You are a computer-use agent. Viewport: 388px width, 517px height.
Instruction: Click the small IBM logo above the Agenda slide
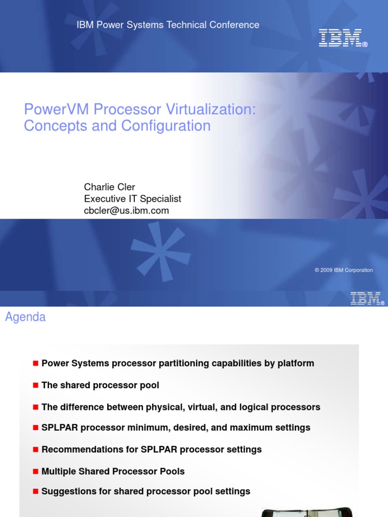367,298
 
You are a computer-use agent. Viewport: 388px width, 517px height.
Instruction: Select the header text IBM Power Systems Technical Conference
168,25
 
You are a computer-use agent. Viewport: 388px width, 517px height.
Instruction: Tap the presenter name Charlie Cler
109,187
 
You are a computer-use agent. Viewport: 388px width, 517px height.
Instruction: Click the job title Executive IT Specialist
132,199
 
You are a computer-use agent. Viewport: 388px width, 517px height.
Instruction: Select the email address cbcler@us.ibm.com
126,211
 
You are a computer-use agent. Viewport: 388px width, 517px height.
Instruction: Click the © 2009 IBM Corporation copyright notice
344,270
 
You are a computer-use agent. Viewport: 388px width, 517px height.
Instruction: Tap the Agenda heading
25,317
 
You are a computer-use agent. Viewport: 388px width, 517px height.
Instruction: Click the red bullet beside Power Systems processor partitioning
35,363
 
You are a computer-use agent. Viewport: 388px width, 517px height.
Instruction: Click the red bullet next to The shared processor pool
35,385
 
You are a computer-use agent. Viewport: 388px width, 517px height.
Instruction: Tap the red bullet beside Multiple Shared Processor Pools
35,471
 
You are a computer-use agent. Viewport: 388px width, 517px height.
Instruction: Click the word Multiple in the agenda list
58,471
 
